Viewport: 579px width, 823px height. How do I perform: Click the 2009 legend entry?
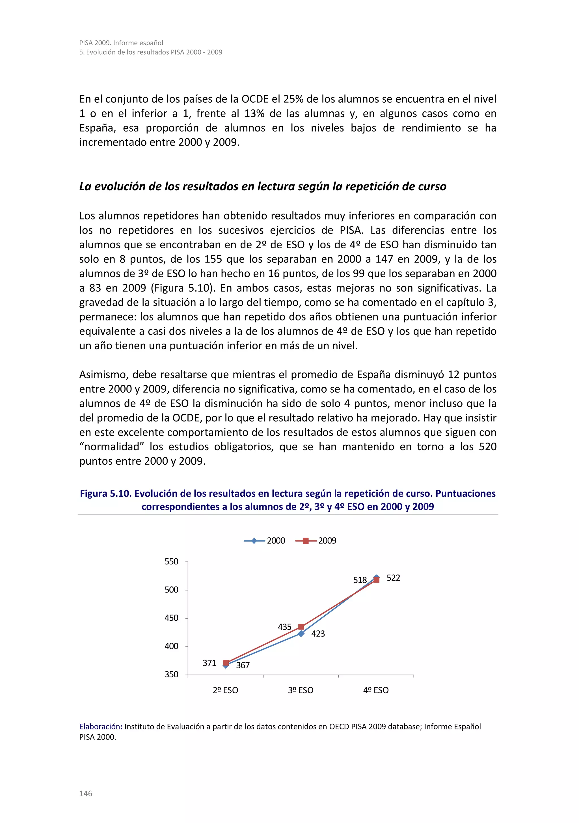(316, 540)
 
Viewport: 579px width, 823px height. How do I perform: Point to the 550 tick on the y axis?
(171, 561)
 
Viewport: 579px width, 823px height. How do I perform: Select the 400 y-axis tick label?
(171, 646)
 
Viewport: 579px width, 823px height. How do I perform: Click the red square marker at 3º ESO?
(301, 626)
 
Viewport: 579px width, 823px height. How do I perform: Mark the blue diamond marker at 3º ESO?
(301, 634)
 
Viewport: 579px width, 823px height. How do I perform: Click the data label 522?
(393, 578)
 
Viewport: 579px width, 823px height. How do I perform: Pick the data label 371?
(209, 663)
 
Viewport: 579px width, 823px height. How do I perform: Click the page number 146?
(86, 793)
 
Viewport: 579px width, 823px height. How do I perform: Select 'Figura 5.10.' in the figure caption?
(106, 494)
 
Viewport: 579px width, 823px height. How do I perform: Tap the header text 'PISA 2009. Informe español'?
(121, 43)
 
